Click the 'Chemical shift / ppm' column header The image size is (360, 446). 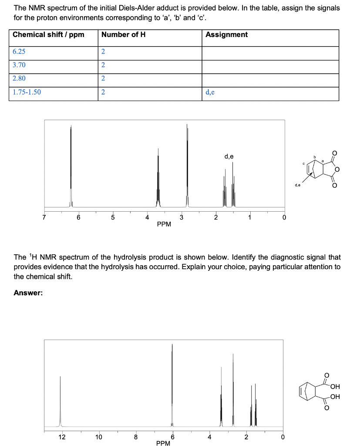pyautogui.click(x=49, y=35)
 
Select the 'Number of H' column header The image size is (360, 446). pyautogui.click(x=123, y=35)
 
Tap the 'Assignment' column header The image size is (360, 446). pyautogui.click(x=226, y=35)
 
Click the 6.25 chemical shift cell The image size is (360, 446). pyautogui.click(x=19, y=51)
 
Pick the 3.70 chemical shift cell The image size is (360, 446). pyautogui.click(x=19, y=65)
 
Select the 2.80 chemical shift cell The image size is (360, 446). pyautogui.click(x=19, y=78)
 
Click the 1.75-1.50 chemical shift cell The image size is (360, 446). pyautogui.click(x=27, y=92)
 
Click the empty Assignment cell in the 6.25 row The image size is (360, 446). pyautogui.click(x=270, y=52)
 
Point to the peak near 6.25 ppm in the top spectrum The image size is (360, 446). pyautogui.click(x=71, y=166)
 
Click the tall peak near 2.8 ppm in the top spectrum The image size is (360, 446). pyautogui.click(x=187, y=166)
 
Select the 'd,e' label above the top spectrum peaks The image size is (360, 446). pyautogui.click(x=229, y=156)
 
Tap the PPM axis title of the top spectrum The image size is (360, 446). pyautogui.click(x=164, y=224)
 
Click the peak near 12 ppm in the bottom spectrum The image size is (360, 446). pyautogui.click(x=61, y=401)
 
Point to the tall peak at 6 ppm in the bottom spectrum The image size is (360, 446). pyautogui.click(x=172, y=383)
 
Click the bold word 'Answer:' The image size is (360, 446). pyautogui.click(x=28, y=293)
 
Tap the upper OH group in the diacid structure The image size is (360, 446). pyautogui.click(x=335, y=387)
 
